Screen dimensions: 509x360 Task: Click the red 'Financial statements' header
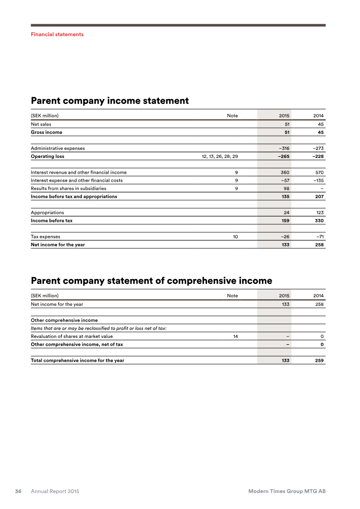coord(57,34)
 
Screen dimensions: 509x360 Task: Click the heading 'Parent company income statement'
coord(109,101)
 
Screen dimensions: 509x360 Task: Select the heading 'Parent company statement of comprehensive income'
coord(151,281)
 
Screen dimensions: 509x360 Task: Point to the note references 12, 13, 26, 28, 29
coord(220,156)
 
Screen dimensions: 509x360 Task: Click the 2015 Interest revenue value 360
coord(285,172)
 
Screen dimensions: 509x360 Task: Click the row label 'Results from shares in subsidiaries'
coord(68,189)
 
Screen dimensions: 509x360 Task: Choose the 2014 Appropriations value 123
coord(319,212)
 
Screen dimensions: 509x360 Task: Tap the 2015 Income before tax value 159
coord(285,221)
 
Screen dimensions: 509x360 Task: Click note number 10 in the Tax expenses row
coord(235,237)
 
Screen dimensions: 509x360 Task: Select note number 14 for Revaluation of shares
coord(235,336)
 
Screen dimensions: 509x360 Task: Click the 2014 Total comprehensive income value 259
coord(319,360)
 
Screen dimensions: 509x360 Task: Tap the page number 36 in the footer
coord(18,491)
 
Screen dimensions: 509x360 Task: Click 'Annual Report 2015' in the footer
coord(55,491)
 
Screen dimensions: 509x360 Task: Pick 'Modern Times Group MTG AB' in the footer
coord(287,491)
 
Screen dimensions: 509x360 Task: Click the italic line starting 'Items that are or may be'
coord(99,328)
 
